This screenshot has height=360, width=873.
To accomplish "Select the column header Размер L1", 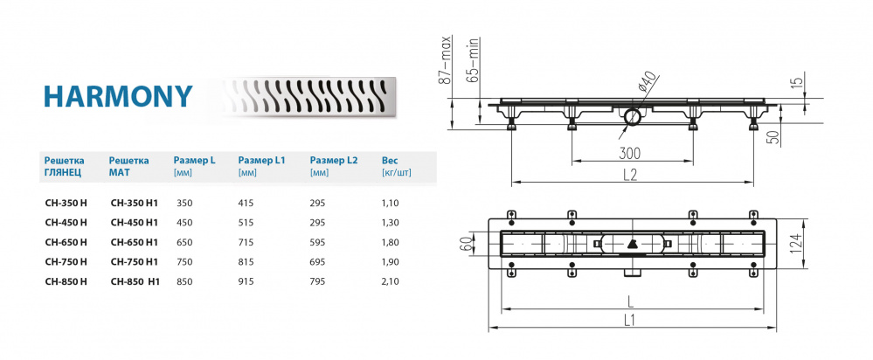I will point(262,161).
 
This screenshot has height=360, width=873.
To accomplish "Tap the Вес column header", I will point(391,161).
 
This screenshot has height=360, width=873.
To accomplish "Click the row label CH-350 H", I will point(66,202).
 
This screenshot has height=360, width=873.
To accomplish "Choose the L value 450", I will point(184,222).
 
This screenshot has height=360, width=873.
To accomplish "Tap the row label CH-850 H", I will point(66,281).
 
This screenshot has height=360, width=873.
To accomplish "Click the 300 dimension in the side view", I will point(629,154).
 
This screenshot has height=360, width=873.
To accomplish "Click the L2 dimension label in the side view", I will point(630,175).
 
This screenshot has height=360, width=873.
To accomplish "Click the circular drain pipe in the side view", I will point(632,116).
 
